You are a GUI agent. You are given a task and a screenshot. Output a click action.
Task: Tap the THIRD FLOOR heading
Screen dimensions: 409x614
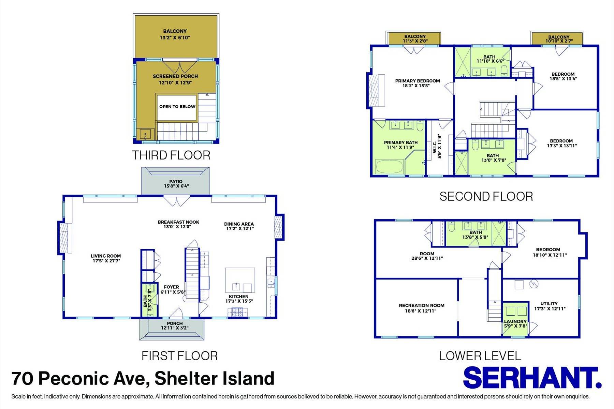171,155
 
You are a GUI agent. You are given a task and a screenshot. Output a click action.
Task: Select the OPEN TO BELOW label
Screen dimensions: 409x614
177,107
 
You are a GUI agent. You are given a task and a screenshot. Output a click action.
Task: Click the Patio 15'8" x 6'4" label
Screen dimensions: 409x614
176,184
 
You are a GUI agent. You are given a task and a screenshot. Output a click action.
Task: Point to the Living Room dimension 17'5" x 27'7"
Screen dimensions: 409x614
106,261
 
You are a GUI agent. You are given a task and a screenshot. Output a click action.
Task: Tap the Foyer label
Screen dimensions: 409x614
171,287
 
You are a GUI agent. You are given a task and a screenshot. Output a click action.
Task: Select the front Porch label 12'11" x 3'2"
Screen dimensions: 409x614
175,326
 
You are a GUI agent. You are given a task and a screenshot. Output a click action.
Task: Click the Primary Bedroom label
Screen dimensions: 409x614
417,81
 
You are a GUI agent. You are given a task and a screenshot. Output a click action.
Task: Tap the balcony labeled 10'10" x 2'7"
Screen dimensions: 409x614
558,39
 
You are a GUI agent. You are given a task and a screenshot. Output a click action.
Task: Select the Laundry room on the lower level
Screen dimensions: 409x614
515,321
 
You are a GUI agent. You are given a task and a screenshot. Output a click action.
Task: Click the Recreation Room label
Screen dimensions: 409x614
421,306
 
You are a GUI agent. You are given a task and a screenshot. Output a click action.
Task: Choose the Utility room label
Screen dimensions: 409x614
549,304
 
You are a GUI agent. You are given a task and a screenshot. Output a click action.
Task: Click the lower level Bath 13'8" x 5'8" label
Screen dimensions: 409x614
476,235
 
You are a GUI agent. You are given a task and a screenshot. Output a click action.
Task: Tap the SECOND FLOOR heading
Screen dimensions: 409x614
486,197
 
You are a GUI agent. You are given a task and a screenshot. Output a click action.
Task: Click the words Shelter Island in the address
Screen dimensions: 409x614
214,379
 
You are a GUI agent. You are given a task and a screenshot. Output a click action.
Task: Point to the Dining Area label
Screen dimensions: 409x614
239,224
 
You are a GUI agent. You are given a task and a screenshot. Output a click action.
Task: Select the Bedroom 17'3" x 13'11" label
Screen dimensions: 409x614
561,143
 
